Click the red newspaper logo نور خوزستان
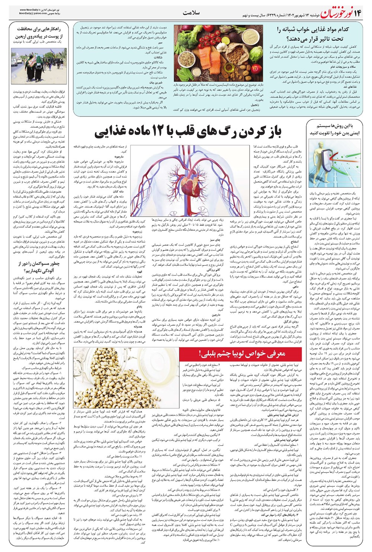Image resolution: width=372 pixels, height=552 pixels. click(x=335, y=13)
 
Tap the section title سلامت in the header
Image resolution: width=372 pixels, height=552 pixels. click(x=192, y=13)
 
